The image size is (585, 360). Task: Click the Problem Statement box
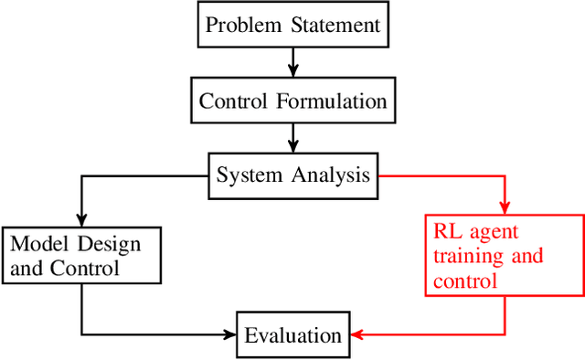292,25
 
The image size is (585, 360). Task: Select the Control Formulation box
292,100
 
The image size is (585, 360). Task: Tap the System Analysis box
292,174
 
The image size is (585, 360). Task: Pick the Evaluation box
292,335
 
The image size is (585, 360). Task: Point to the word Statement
333,25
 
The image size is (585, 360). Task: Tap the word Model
37,245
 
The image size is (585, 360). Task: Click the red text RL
449,232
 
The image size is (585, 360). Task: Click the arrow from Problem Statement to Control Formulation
292,62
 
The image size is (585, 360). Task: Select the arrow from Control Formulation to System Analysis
292,137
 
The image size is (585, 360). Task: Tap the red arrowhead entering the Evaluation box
358,334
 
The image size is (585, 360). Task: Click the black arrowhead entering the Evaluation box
228,334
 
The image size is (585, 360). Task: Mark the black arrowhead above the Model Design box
81,219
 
